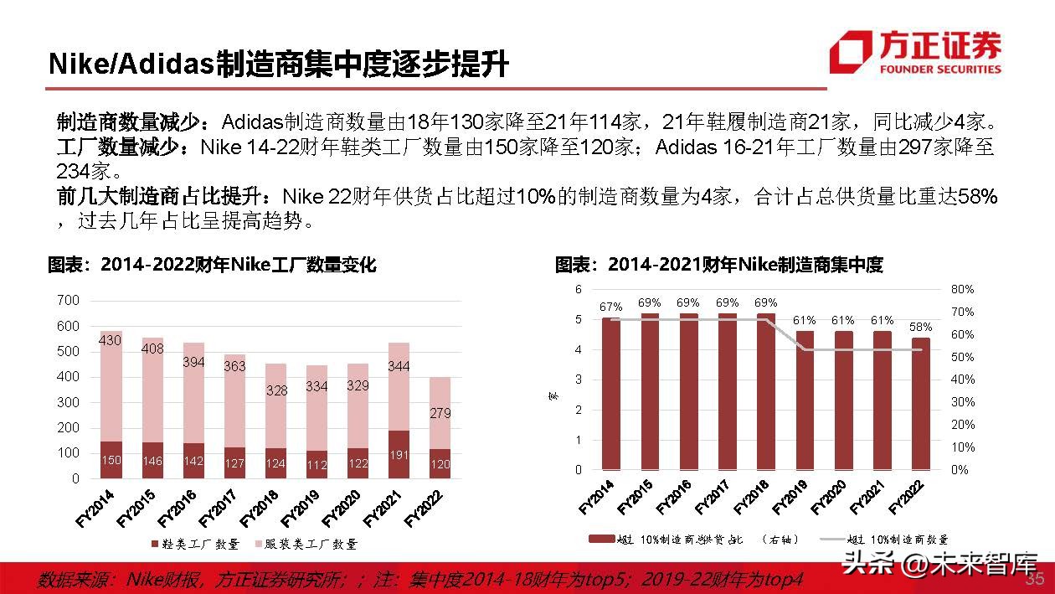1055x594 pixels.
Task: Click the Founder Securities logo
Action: click(x=914, y=53)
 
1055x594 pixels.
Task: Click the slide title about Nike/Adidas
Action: click(x=278, y=63)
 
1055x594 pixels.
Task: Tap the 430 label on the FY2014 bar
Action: click(x=110, y=340)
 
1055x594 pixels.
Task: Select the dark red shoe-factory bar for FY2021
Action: click(x=398, y=455)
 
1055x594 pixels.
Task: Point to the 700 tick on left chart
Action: click(x=68, y=301)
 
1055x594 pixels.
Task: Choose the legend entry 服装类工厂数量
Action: click(x=306, y=545)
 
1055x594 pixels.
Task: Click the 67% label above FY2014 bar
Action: click(x=610, y=307)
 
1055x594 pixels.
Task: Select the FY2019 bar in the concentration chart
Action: click(x=805, y=400)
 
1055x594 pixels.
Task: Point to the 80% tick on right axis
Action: click(x=962, y=289)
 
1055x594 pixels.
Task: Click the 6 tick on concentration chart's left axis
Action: click(x=578, y=289)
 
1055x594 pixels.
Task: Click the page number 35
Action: click(x=1035, y=580)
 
